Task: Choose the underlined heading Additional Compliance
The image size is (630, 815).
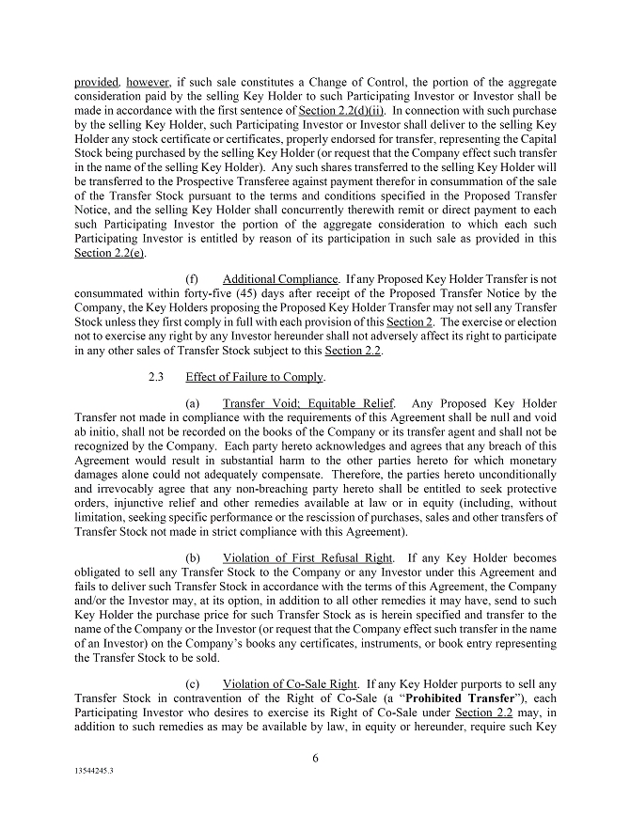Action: tap(280, 279)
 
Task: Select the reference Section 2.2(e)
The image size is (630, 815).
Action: tap(105, 253)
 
